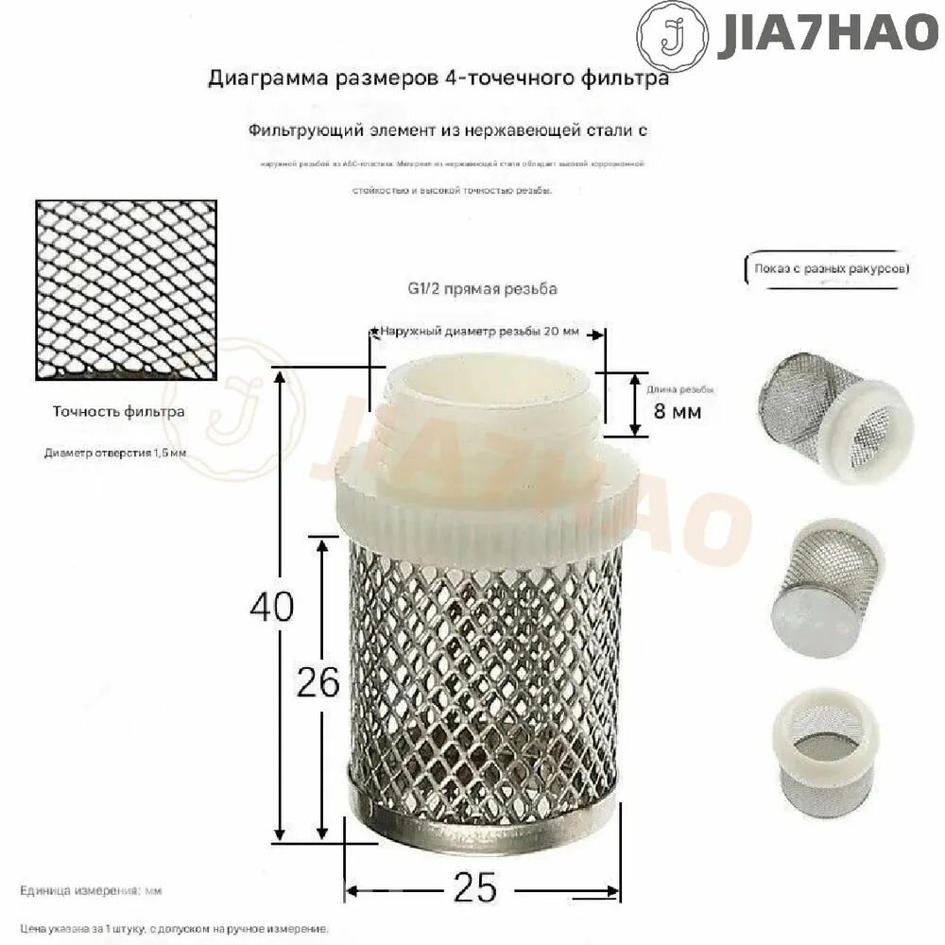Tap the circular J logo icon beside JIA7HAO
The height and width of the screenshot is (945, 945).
pyautogui.click(x=672, y=37)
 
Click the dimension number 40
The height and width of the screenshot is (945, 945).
pyautogui.click(x=271, y=606)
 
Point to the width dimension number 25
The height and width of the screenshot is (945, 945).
pyautogui.click(x=475, y=887)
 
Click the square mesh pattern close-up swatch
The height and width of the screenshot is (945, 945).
pyautogui.click(x=126, y=290)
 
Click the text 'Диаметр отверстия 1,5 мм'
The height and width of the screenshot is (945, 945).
pyautogui.click(x=115, y=453)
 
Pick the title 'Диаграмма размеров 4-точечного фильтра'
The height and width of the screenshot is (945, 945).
pyautogui.click(x=438, y=78)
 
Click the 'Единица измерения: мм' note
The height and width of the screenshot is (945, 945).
pyautogui.click(x=92, y=891)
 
